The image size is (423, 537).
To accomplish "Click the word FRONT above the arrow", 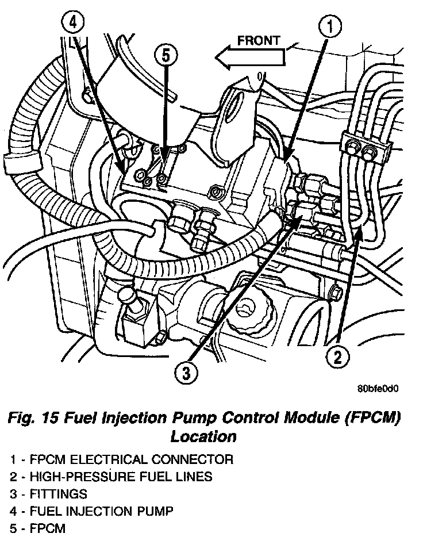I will tap(259, 40).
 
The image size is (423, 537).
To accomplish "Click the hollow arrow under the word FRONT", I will tap(250, 56).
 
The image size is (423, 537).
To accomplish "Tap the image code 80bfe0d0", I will tap(378, 389).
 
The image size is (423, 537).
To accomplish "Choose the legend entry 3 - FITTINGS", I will tap(49, 493).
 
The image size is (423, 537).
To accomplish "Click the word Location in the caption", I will tap(203, 436).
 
